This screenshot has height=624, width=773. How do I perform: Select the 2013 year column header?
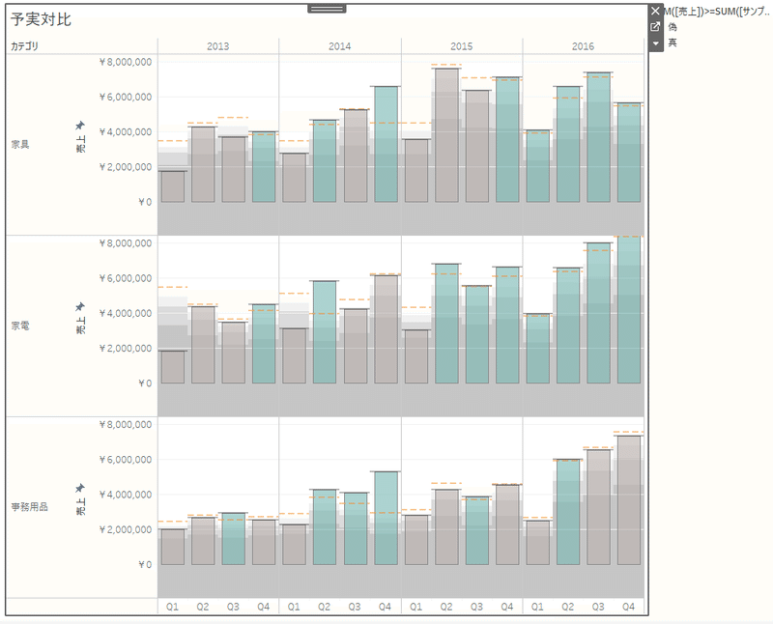pos(218,46)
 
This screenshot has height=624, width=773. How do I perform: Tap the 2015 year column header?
pos(462,46)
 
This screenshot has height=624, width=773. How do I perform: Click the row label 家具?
pos(20,144)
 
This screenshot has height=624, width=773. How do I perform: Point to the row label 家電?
pos(20,326)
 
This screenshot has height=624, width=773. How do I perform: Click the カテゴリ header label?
pos(26,46)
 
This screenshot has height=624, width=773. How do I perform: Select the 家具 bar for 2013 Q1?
pos(173,186)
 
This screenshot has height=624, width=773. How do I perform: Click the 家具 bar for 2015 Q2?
pos(446,135)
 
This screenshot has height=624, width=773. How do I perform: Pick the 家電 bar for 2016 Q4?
pos(629,310)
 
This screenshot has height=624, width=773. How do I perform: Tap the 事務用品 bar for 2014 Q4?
pos(386,518)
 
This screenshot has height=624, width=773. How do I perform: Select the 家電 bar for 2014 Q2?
pos(325,332)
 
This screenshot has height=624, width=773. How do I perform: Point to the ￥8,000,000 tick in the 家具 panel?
pos(126,62)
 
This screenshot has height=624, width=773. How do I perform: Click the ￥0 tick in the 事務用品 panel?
pos(144,564)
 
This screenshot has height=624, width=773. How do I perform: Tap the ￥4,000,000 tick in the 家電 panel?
pos(126,313)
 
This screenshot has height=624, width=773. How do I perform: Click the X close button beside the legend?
pos(656,11)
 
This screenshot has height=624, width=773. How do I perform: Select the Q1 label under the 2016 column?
pos(537,607)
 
